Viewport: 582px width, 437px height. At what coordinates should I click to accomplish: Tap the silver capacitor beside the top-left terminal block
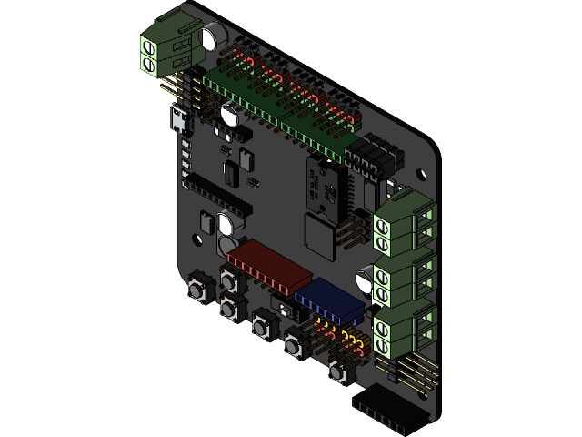click(x=214, y=37)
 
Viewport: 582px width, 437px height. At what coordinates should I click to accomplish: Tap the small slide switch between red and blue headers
click(x=289, y=310)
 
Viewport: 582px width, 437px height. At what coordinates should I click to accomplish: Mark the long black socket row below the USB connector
click(x=218, y=190)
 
